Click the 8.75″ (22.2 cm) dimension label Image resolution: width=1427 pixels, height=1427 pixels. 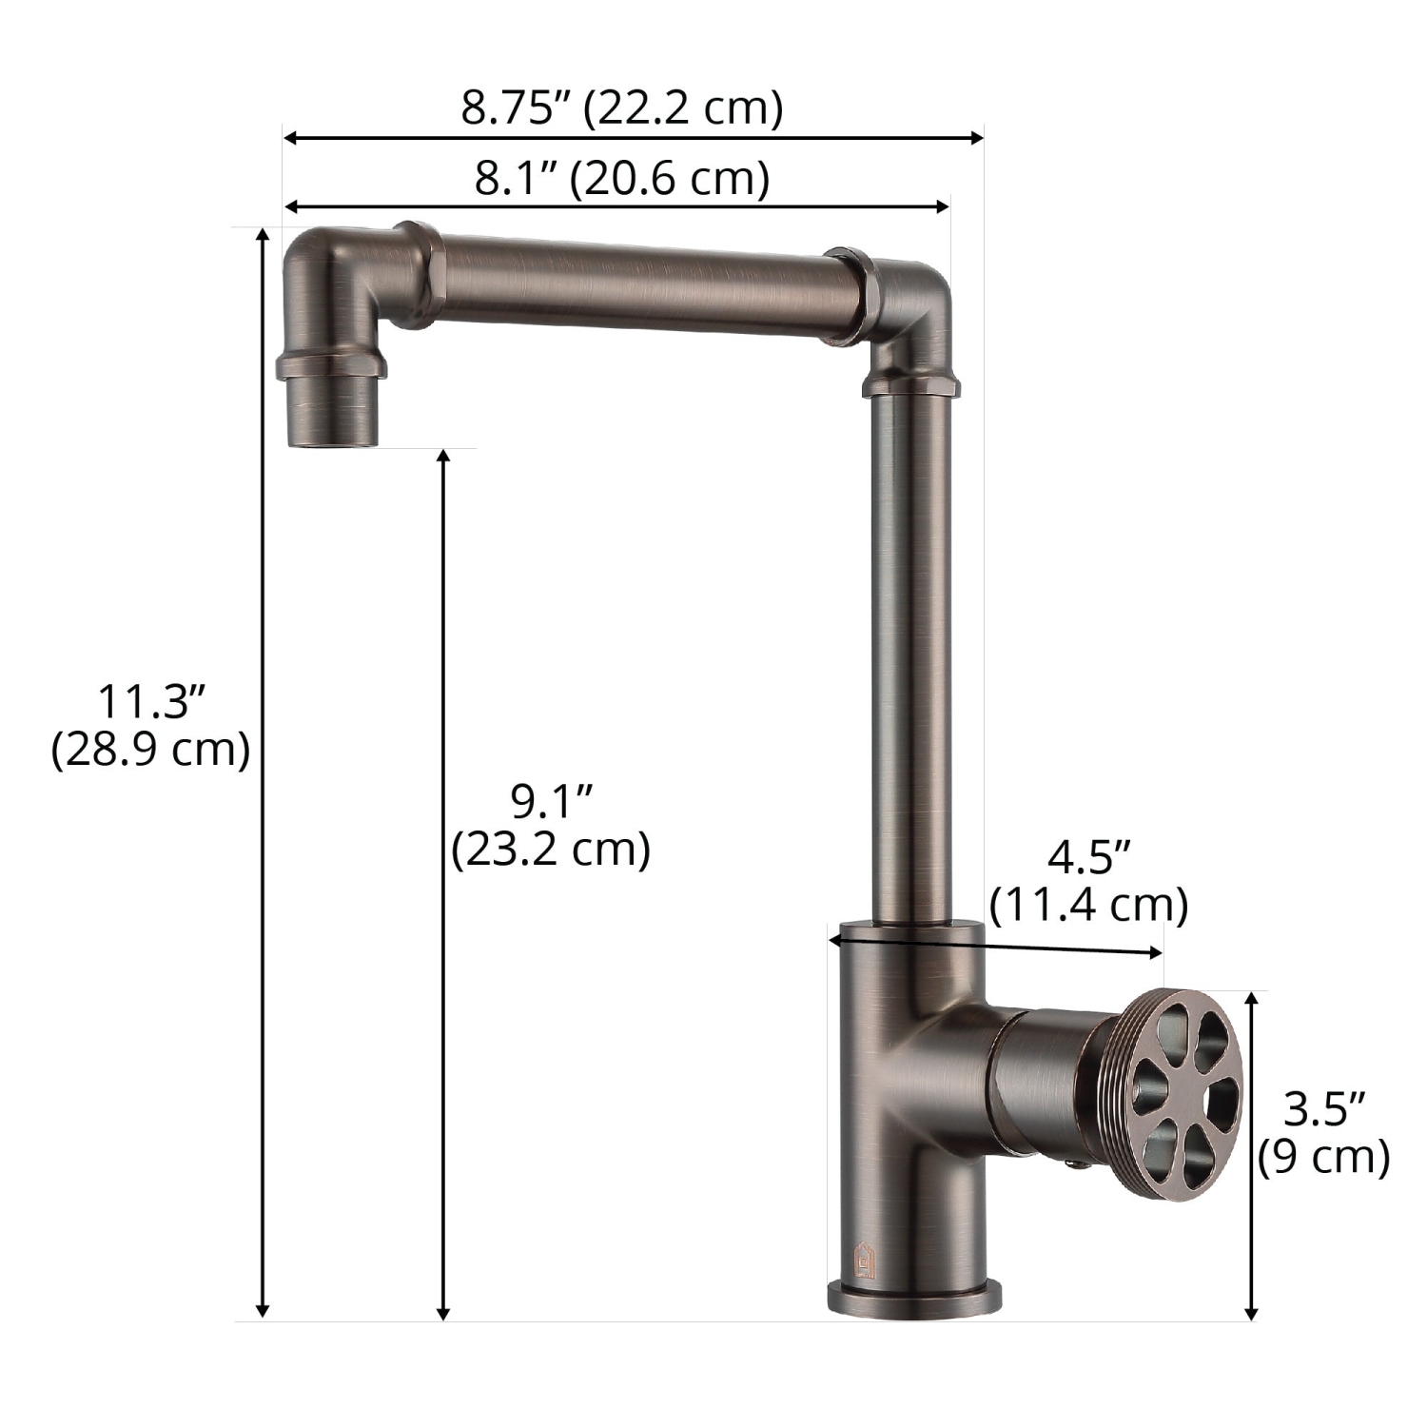click(x=622, y=108)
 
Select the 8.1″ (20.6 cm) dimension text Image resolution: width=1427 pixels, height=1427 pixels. click(x=622, y=178)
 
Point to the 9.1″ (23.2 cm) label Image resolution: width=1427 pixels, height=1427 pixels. click(x=552, y=826)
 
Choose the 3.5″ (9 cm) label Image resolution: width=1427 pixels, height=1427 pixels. click(x=1323, y=1133)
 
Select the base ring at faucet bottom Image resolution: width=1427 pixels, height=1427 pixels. click(x=914, y=1298)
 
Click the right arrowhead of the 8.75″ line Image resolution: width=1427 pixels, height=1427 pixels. click(x=976, y=139)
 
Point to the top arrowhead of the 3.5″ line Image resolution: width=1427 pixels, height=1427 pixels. click(x=1253, y=998)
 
